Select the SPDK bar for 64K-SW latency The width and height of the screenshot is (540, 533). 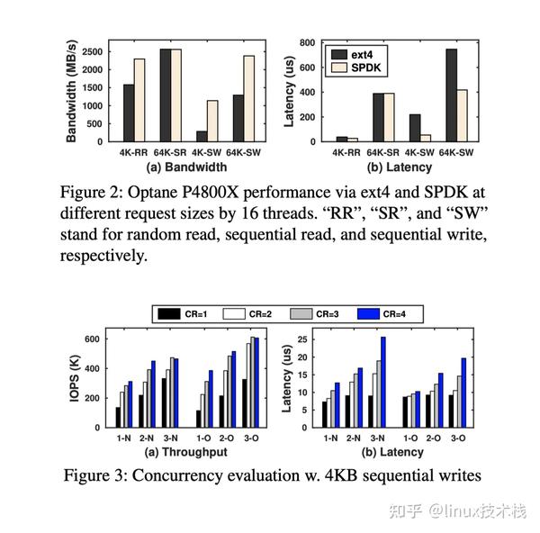coord(462,116)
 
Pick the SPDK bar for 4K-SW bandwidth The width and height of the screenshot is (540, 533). coord(212,121)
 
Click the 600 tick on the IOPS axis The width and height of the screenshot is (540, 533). coord(92,339)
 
